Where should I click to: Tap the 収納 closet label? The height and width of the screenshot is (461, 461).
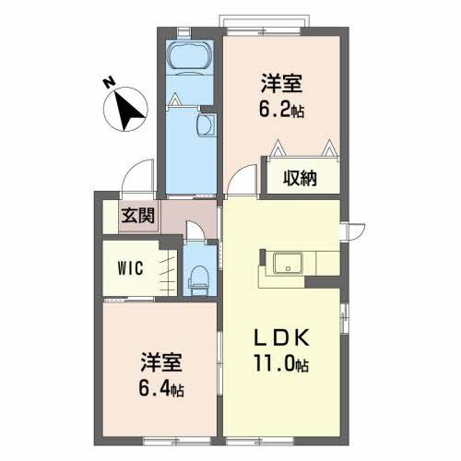301,178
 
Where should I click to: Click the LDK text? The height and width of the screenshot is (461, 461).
283,338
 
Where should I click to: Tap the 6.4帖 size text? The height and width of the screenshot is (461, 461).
161,388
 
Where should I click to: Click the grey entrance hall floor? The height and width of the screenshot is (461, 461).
189,222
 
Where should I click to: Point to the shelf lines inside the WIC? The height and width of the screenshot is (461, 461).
166,270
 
